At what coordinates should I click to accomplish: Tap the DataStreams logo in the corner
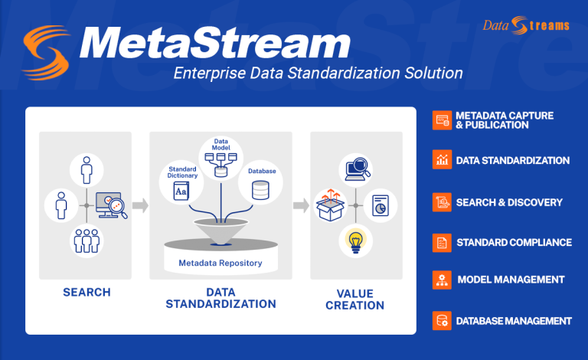pos(526,25)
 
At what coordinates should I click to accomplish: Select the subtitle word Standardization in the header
pos(360,74)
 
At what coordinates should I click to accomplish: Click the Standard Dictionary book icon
pos(181,192)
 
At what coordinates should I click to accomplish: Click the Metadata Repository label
pos(220,263)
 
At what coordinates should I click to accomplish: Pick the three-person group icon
pos(86,241)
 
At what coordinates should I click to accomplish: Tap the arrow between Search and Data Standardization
pos(140,205)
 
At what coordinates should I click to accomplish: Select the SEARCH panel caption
pos(86,292)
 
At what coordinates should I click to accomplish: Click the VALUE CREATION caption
pos(355,299)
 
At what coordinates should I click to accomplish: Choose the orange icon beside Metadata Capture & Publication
pos(442,120)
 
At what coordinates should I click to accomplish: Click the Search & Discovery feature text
pos(509,202)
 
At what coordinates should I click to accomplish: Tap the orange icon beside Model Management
pos(442,280)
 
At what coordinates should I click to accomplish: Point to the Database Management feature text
pos(514,320)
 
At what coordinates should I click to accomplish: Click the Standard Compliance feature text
pos(514,242)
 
